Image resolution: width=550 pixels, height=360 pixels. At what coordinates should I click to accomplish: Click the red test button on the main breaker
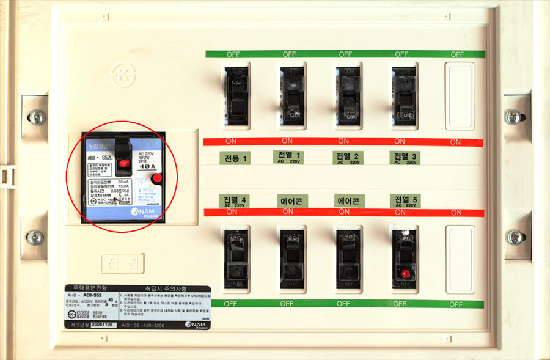click(156, 178)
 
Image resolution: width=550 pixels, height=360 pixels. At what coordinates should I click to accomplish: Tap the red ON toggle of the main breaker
click(124, 163)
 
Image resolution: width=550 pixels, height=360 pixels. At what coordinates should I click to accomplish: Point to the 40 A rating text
click(147, 166)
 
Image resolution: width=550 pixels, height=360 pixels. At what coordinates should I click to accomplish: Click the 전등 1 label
click(236, 158)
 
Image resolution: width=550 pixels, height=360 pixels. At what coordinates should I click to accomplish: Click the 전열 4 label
click(235, 201)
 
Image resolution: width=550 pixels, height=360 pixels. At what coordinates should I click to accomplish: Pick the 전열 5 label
click(405, 200)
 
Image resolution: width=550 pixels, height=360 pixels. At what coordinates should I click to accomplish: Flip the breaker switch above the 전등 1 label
click(236, 95)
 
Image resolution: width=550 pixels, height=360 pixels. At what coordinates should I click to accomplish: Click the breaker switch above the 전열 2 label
click(348, 95)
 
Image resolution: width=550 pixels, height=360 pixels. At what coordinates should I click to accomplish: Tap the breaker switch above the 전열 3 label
click(404, 95)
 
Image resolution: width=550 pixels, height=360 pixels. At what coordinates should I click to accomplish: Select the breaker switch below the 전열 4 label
click(236, 258)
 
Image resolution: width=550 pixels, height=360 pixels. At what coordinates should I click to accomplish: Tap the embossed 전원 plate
click(119, 265)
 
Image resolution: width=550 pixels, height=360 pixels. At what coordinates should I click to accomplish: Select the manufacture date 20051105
click(100, 326)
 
